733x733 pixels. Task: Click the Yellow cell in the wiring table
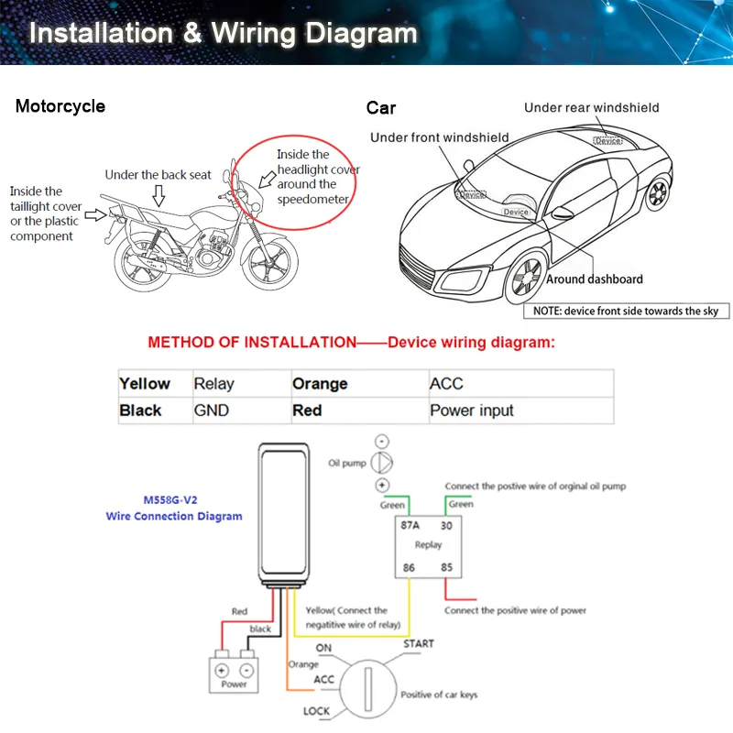pos(145,384)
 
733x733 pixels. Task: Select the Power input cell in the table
pos(472,410)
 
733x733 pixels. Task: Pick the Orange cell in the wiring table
pos(320,384)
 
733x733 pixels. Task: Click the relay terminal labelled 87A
pos(410,526)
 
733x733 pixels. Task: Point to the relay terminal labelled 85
pos(447,568)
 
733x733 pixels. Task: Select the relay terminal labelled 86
pos(409,568)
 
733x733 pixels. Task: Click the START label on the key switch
pos(419,644)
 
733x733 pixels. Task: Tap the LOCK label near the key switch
pos(317,711)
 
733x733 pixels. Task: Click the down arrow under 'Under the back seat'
pos(159,194)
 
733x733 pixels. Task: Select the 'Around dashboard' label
pos(595,279)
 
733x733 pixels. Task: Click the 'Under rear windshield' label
pos(591,107)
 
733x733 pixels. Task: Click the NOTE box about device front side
pos(627,311)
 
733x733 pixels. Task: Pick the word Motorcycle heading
pos(60,106)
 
